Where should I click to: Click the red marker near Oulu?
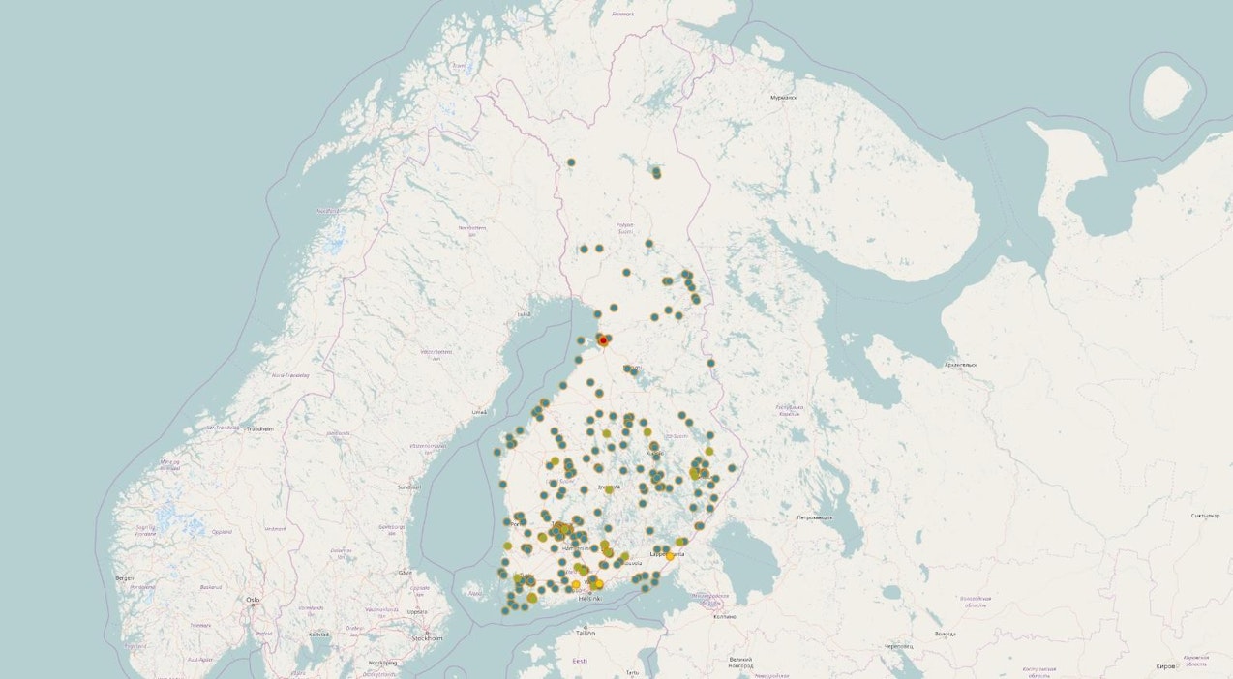coord(603,340)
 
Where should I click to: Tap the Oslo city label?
coord(253,600)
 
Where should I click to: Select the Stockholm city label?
coord(427,638)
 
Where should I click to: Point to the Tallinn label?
coord(585,633)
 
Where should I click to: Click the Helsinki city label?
coord(589,599)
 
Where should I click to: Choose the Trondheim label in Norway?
coord(259,428)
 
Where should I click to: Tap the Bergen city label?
coord(124,577)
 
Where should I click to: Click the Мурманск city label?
coord(783,98)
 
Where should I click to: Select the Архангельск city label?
coord(961,365)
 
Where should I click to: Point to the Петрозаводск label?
coord(814,517)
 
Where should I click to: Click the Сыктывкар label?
coord(1205,516)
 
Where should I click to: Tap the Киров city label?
coord(1167,666)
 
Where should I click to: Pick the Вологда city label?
coord(945,634)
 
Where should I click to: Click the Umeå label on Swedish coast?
coord(479,412)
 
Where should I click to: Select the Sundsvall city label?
coord(408,487)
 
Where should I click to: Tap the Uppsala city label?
coord(417,611)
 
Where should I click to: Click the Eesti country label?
coord(579,661)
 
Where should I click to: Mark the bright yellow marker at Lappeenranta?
coord(670,556)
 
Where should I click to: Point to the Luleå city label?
coord(524,314)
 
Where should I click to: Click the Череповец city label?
coord(898,646)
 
